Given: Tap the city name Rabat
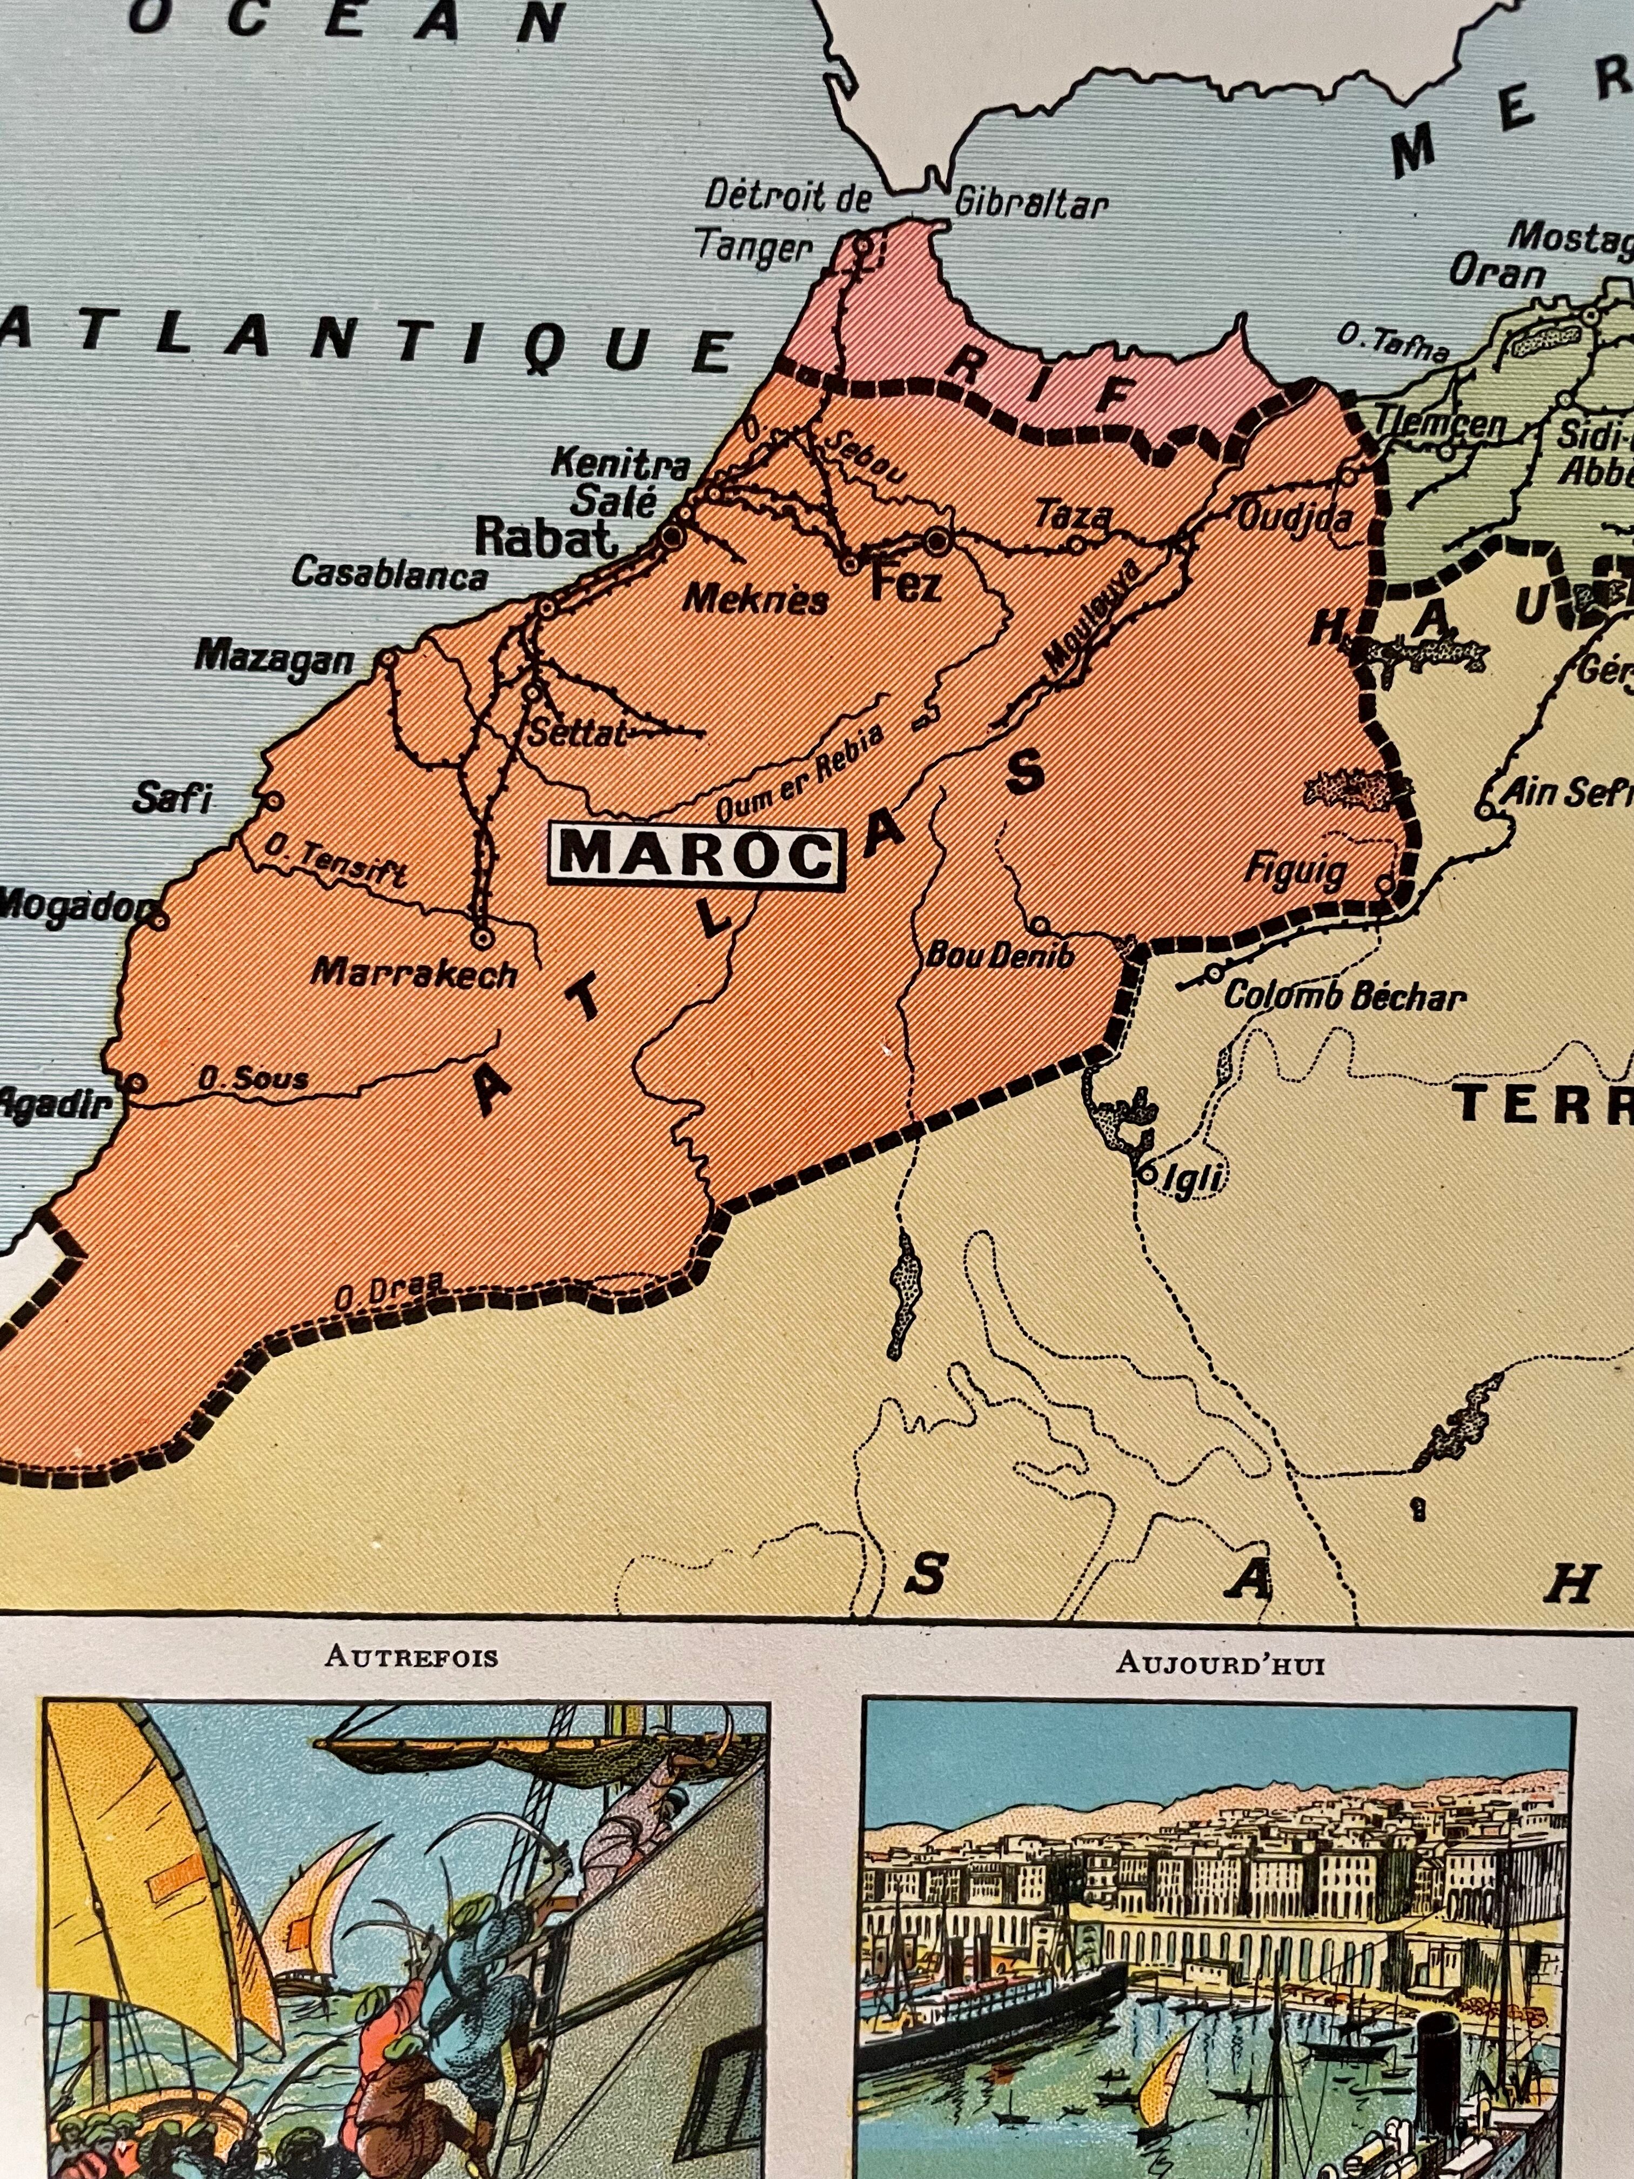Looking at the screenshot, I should [x=547, y=538].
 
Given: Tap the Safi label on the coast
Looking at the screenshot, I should [x=173, y=798].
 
